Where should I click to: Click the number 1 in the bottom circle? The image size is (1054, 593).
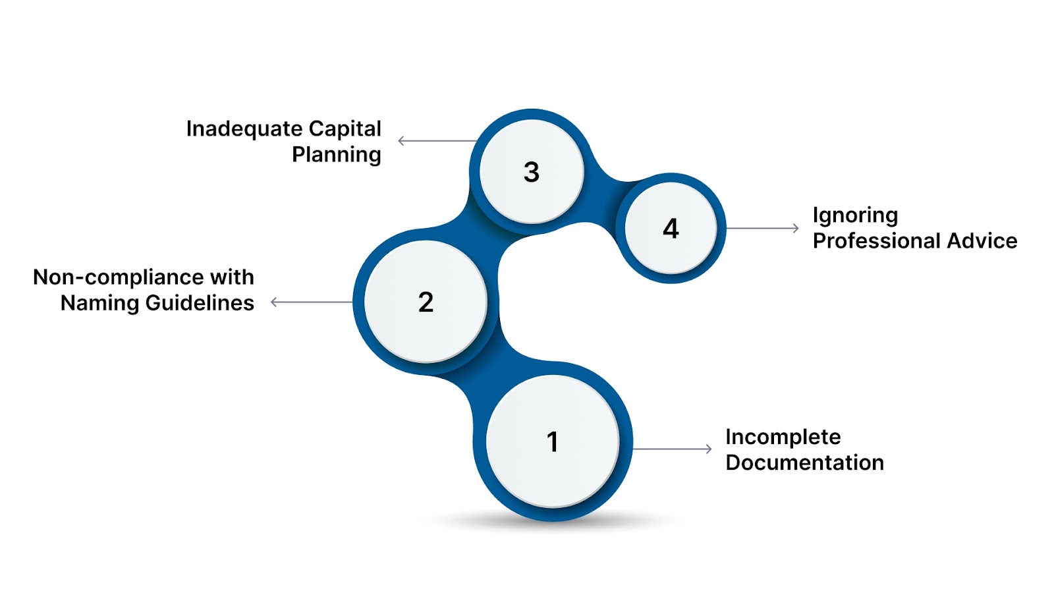click(553, 442)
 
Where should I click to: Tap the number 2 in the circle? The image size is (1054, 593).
click(426, 302)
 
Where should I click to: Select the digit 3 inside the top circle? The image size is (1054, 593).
click(531, 172)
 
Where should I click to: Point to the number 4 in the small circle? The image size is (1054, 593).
click(671, 229)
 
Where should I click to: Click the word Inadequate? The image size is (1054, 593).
click(244, 129)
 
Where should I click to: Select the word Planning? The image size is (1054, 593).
click(336, 155)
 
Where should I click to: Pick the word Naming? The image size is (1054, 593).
click(99, 303)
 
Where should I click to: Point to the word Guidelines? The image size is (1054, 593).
click(200, 303)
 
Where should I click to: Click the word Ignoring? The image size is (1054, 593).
click(855, 216)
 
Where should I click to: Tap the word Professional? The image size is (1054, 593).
click(876, 241)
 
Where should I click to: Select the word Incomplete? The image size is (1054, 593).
click(783, 437)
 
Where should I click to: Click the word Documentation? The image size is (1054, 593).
click(804, 463)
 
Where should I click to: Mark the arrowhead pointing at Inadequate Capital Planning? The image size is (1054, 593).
click(401, 140)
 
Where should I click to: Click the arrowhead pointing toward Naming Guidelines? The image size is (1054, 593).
click(273, 302)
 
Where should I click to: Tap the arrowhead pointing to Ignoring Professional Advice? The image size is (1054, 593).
click(796, 228)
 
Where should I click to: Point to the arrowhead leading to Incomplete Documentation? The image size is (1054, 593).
click(709, 449)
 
